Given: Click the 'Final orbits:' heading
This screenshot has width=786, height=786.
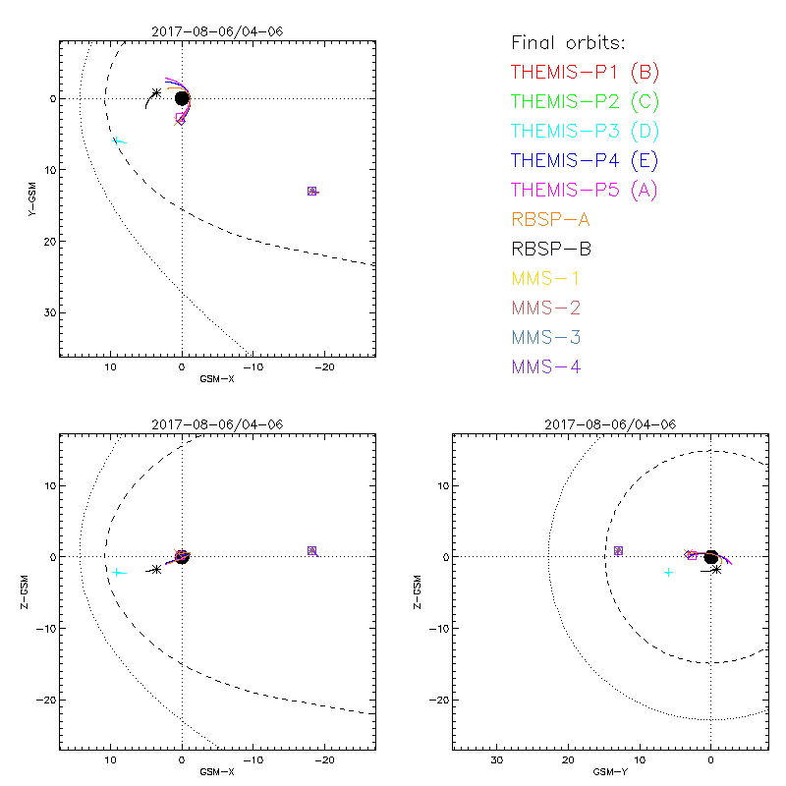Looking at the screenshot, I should point(568,42).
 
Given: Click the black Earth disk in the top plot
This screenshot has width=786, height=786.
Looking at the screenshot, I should point(182,98).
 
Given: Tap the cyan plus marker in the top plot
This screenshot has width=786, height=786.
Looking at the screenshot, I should point(118,141).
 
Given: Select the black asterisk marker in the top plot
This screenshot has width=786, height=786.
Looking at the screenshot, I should point(156,93).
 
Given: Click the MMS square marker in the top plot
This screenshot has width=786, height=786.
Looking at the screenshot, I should point(311,191).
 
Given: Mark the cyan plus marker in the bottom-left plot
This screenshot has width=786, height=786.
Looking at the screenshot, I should point(117,572).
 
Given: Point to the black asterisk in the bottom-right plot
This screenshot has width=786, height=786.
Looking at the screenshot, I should point(716,569).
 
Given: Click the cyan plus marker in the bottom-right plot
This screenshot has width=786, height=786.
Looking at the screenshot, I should point(669,572).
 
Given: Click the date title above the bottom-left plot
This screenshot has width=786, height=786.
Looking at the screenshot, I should point(217,424).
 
